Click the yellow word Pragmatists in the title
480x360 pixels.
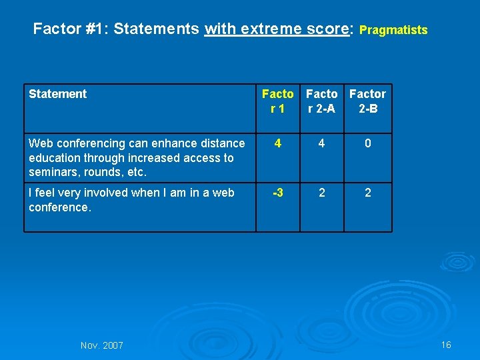(x=393, y=30)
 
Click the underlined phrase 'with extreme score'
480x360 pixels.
(x=277, y=29)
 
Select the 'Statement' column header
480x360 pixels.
(x=57, y=94)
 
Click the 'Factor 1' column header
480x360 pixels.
(x=277, y=101)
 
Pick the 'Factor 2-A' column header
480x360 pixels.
(x=321, y=101)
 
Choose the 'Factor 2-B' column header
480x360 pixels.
(x=367, y=101)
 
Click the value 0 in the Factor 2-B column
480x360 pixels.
(x=367, y=143)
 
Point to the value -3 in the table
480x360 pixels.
(x=277, y=193)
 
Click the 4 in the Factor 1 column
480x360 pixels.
(x=277, y=143)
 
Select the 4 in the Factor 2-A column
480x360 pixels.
(x=321, y=143)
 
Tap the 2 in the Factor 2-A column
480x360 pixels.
(x=321, y=193)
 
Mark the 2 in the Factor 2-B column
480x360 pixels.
(x=367, y=193)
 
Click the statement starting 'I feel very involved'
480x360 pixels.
(x=131, y=200)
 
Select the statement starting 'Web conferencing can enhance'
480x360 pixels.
(x=137, y=158)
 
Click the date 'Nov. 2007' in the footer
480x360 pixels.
(x=101, y=345)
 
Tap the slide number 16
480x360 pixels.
(x=446, y=345)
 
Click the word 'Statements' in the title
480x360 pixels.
(x=157, y=29)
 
